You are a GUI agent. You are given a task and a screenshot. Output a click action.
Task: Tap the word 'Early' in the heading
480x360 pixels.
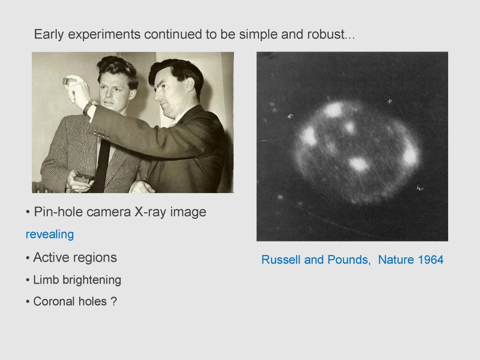click(x=49, y=34)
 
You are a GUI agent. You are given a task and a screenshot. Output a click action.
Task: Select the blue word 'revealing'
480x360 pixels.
click(x=50, y=234)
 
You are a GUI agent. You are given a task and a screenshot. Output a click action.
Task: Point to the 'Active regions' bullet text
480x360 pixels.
click(x=75, y=257)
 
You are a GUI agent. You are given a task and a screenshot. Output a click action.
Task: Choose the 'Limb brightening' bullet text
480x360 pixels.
click(x=77, y=280)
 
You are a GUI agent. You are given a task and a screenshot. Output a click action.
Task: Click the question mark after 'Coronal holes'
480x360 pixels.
click(x=113, y=301)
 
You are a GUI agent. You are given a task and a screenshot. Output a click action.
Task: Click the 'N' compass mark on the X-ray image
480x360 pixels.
click(x=390, y=101)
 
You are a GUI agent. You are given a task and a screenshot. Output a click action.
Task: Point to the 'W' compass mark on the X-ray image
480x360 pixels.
click(x=420, y=188)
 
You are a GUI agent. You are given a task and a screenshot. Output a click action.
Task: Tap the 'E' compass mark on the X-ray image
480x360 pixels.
click(x=290, y=116)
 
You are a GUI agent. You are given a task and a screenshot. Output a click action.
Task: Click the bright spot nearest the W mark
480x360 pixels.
click(x=410, y=154)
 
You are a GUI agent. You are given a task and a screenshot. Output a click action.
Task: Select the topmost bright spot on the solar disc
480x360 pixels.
click(x=333, y=110)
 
